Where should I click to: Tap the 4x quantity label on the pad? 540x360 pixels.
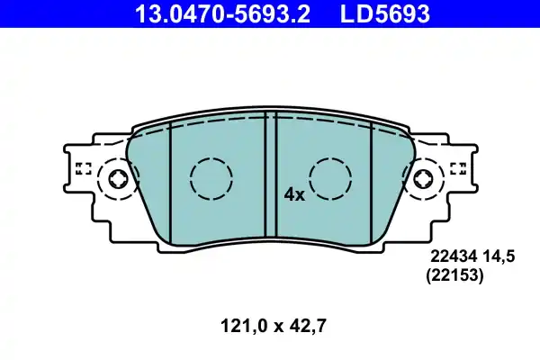[294, 193]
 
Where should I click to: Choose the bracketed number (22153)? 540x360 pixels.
[454, 278]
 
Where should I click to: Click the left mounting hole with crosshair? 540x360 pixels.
[119, 179]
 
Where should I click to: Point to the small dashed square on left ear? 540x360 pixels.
[84, 166]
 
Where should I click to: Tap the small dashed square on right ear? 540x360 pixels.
[456, 166]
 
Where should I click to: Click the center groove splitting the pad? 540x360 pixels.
[270, 175]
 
